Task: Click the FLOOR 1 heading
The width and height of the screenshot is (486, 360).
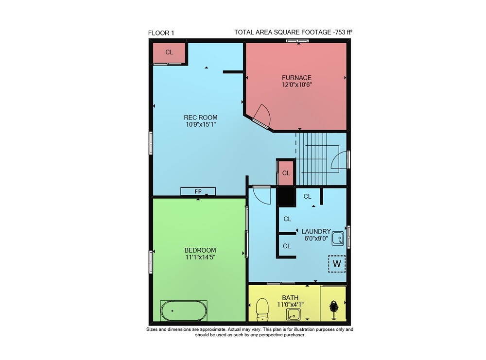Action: click(161, 33)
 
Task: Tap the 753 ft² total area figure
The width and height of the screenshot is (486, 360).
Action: click(343, 32)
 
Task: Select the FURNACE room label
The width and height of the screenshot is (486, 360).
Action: click(296, 78)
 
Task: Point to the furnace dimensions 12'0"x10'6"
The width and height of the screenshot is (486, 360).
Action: click(296, 85)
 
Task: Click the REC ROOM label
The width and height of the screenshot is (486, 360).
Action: click(201, 118)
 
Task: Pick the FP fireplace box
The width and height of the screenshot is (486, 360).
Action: click(198, 191)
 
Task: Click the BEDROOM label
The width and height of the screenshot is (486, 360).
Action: click(200, 250)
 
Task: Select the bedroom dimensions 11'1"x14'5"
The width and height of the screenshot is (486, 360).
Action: click(200, 257)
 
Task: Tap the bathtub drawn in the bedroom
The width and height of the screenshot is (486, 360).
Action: click(184, 311)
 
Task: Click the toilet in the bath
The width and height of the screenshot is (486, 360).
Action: click(262, 309)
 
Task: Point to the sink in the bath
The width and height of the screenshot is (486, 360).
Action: click(293, 314)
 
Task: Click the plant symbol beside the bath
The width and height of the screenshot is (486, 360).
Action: click(334, 310)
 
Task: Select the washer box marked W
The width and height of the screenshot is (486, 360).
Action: click(337, 264)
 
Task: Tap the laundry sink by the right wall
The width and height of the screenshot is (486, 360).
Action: click(338, 239)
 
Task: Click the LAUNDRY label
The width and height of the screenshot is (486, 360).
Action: click(316, 231)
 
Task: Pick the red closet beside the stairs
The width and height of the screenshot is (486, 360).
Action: click(285, 173)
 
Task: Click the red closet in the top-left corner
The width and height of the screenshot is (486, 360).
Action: click(169, 52)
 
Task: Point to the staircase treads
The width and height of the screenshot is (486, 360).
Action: click(312, 159)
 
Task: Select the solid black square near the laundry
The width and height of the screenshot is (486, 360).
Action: click(286, 197)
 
